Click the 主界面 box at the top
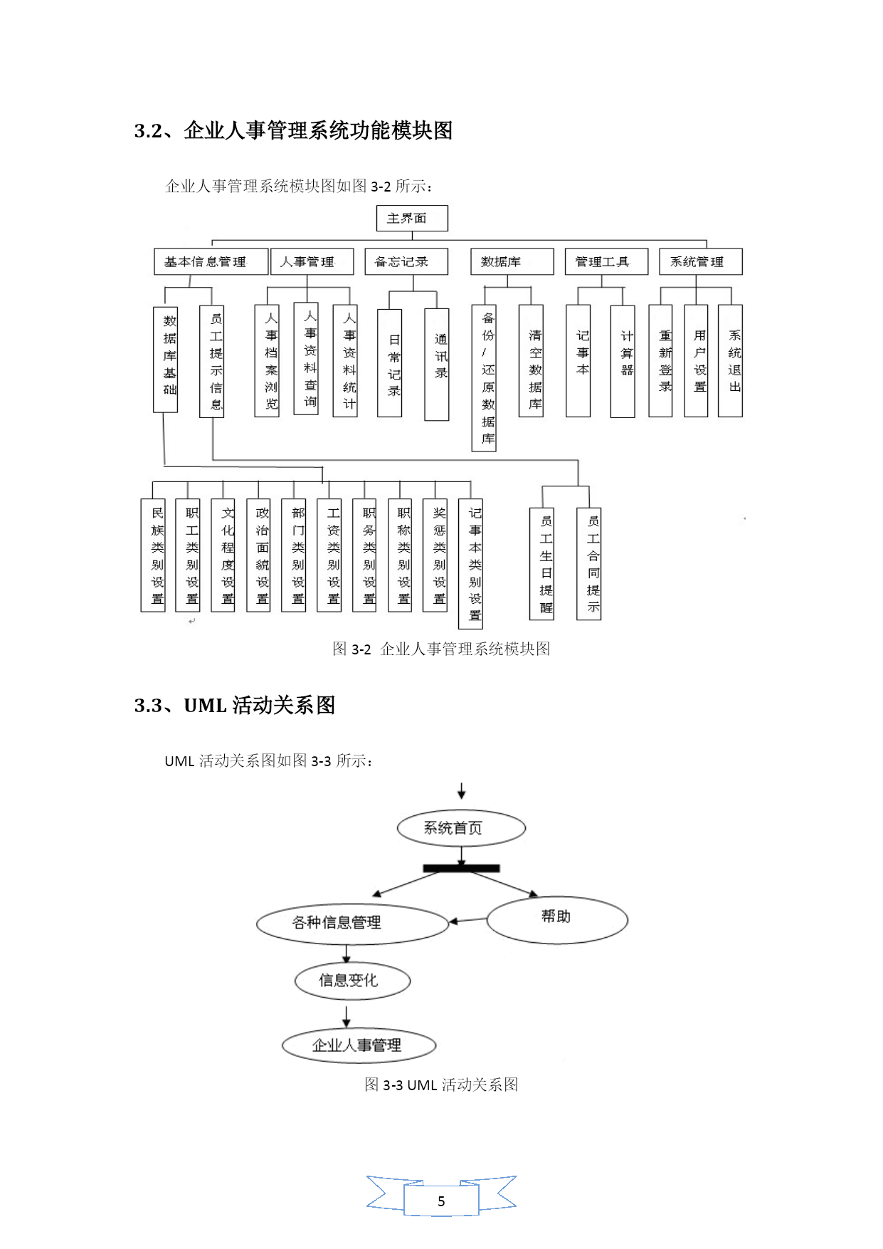point(412,218)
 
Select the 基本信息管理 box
point(211,261)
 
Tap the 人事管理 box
point(312,261)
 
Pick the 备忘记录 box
point(406,261)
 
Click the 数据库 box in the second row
point(512,261)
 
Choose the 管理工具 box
point(606,261)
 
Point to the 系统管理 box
point(701,261)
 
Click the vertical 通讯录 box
point(437,365)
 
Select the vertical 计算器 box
point(623,361)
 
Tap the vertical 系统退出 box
point(730,361)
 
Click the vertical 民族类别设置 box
point(153,555)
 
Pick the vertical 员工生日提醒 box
point(541,563)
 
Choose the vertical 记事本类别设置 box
point(470,564)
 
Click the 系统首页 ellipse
point(461,828)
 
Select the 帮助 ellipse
point(557,920)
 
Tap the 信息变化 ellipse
point(353,981)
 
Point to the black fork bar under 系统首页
point(461,868)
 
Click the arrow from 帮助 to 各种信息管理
point(468,920)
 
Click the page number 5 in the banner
point(441,1201)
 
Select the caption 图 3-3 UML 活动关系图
point(441,1085)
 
